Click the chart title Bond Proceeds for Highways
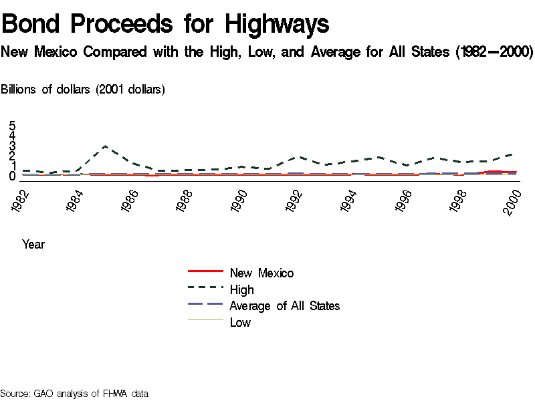(165, 25)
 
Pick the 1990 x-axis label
(242, 200)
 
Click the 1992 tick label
(297, 200)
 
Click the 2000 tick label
(514, 200)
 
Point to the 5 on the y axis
(12, 126)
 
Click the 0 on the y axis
(12, 176)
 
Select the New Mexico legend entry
(261, 273)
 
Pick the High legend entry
(241, 289)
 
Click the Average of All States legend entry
(284, 305)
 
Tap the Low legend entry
(240, 322)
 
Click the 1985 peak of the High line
(105, 146)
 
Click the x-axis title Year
(33, 244)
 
